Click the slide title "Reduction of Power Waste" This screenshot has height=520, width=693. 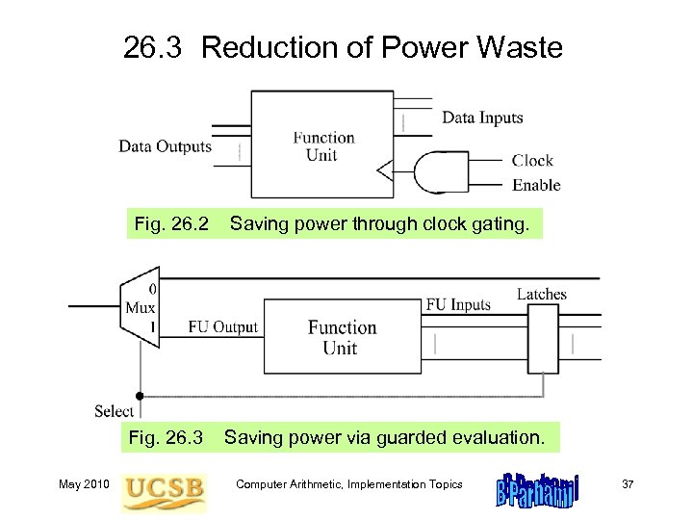pyautogui.click(x=382, y=47)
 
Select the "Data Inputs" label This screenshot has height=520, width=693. pyautogui.click(x=482, y=118)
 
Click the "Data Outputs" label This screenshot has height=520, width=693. pyautogui.click(x=165, y=146)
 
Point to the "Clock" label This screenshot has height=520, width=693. pyautogui.click(x=532, y=161)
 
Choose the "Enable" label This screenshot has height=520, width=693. pyautogui.click(x=536, y=185)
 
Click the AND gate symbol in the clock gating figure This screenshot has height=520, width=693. pyautogui.click(x=435, y=173)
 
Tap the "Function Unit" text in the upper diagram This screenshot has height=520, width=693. pyautogui.click(x=323, y=145)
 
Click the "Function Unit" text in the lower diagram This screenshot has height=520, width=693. pyautogui.click(x=342, y=337)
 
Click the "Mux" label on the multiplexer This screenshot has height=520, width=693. pyautogui.click(x=140, y=308)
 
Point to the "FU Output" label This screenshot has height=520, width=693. pyautogui.click(x=222, y=326)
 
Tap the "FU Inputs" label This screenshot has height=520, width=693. pyautogui.click(x=458, y=305)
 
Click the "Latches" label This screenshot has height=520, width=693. pyautogui.click(x=542, y=294)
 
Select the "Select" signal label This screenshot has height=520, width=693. pyautogui.click(x=115, y=411)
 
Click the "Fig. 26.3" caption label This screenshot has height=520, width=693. pyautogui.click(x=166, y=437)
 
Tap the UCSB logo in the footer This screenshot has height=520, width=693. pyautogui.click(x=164, y=489)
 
